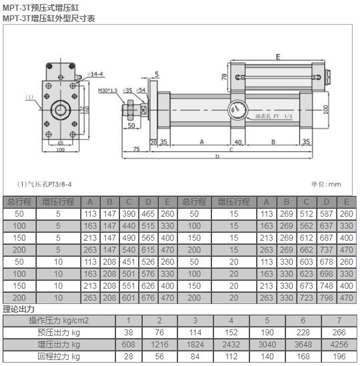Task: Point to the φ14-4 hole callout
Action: point(95,74)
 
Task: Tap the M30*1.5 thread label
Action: point(108,90)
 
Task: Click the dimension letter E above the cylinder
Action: point(277,57)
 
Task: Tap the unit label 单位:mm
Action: point(326,184)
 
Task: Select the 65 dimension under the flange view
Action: point(60,143)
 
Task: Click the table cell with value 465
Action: point(148,214)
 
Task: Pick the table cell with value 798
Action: point(327,297)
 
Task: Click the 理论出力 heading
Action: point(19,309)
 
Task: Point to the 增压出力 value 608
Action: point(129,345)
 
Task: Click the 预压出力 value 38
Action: point(129,333)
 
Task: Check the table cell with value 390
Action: point(129,214)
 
